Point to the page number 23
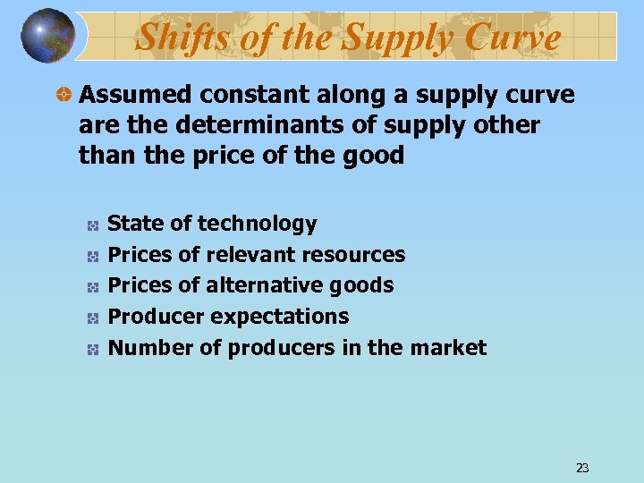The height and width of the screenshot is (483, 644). (582, 468)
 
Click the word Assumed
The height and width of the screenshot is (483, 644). (133, 95)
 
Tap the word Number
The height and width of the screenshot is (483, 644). (140, 347)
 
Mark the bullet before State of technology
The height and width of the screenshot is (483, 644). (92, 225)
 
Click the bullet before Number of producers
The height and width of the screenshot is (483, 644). (92, 349)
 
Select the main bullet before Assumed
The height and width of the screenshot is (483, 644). (64, 95)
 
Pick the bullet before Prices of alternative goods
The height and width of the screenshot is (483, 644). (92, 286)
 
